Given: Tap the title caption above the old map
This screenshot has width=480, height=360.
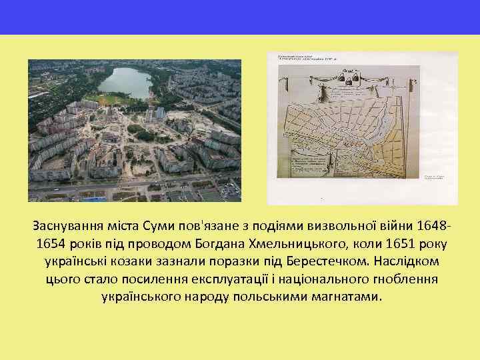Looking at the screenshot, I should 313,58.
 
